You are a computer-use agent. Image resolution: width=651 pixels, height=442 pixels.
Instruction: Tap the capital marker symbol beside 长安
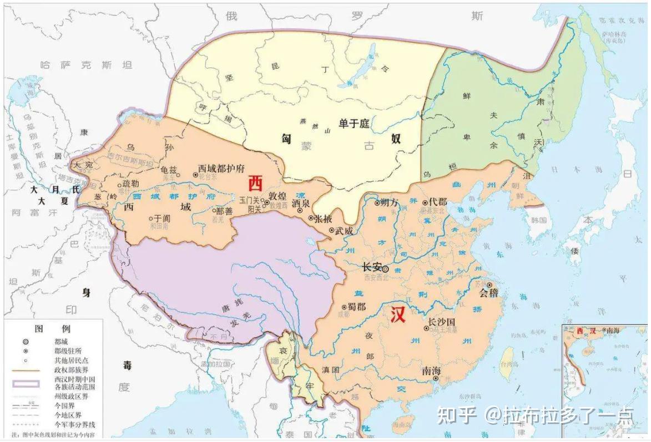pos(385,269)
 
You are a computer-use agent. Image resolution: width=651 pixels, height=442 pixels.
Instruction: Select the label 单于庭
pos(354,124)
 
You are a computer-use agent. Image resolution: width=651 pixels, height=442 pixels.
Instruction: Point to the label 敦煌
pos(277,196)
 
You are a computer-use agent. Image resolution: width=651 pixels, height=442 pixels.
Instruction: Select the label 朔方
pos(390,203)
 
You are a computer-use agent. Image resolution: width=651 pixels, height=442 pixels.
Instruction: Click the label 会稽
pos(488,292)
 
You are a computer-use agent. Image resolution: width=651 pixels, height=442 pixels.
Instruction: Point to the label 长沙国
pos(441,321)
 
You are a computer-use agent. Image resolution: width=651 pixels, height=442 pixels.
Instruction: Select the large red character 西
pos(255,181)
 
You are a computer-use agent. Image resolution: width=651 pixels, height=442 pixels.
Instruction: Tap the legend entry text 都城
pos(62,342)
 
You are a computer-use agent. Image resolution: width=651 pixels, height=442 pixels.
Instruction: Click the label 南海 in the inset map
pos(612,331)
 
